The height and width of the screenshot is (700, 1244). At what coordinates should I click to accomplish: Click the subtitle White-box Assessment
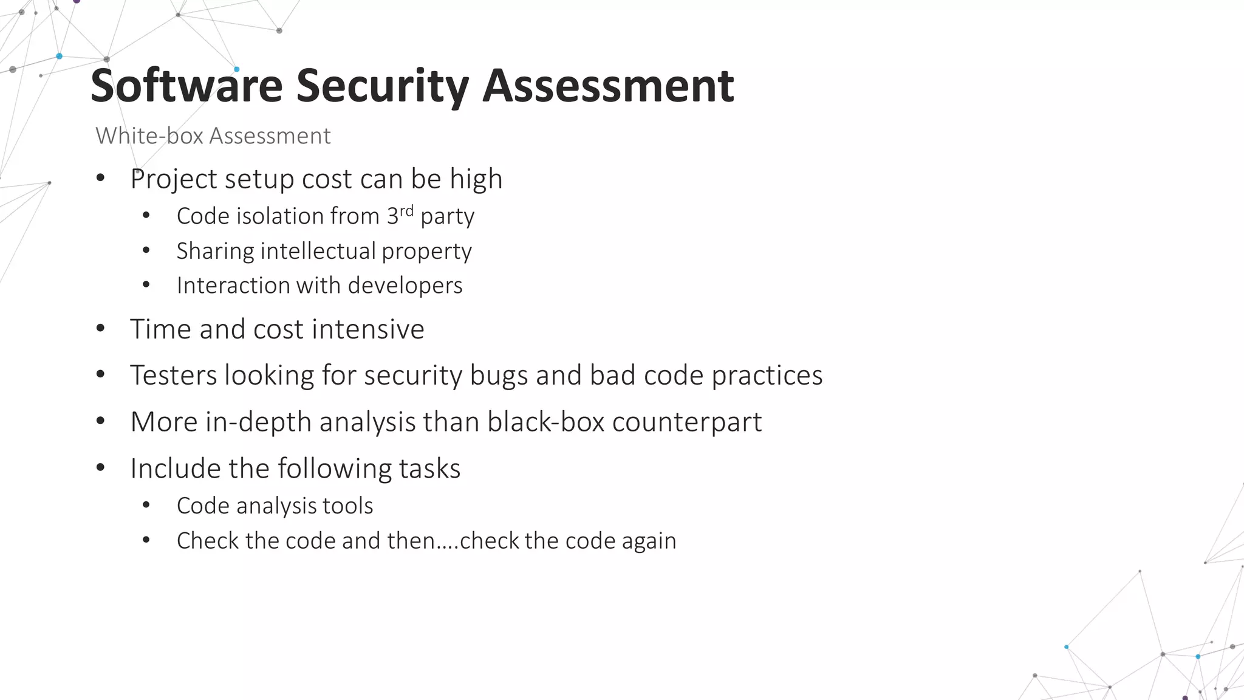tap(213, 136)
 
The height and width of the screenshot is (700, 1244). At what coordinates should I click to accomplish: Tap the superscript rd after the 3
tap(406, 211)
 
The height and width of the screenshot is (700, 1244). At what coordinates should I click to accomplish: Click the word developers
tap(405, 286)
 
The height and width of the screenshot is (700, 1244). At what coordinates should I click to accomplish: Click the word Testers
tap(173, 376)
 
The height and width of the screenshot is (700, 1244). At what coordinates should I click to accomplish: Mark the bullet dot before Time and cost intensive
tap(101, 329)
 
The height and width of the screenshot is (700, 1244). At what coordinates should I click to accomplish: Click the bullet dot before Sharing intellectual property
tap(146, 250)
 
